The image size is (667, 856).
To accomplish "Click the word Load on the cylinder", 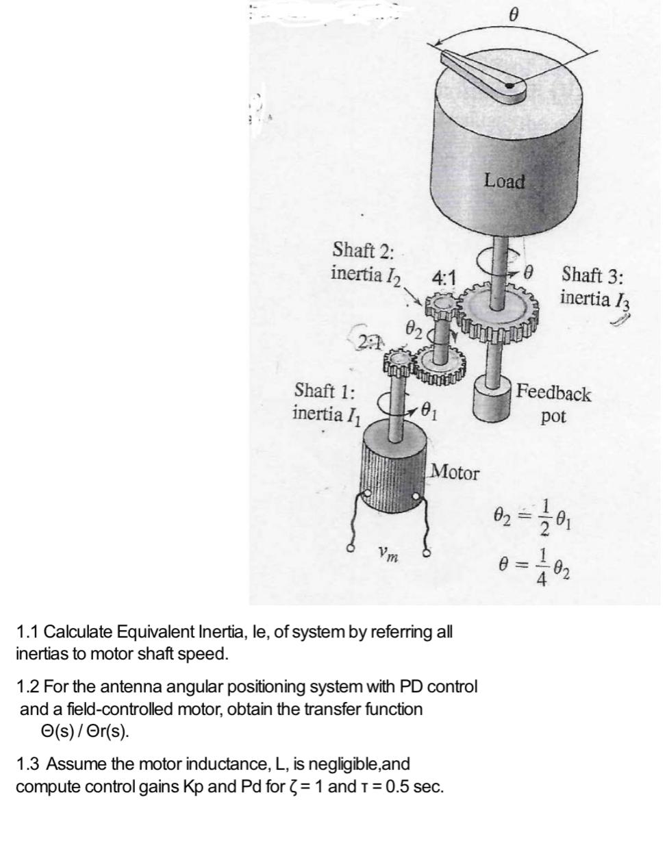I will pyautogui.click(x=505, y=181).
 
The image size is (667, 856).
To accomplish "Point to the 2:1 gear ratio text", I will pyautogui.click(x=368, y=341).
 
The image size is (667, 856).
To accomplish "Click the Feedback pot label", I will pyautogui.click(x=553, y=404).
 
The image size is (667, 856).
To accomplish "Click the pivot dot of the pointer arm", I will pyautogui.click(x=510, y=86).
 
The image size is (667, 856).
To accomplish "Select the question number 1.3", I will pyautogui.click(x=29, y=764).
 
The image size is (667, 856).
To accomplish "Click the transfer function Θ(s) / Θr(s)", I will pyautogui.click(x=85, y=731).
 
